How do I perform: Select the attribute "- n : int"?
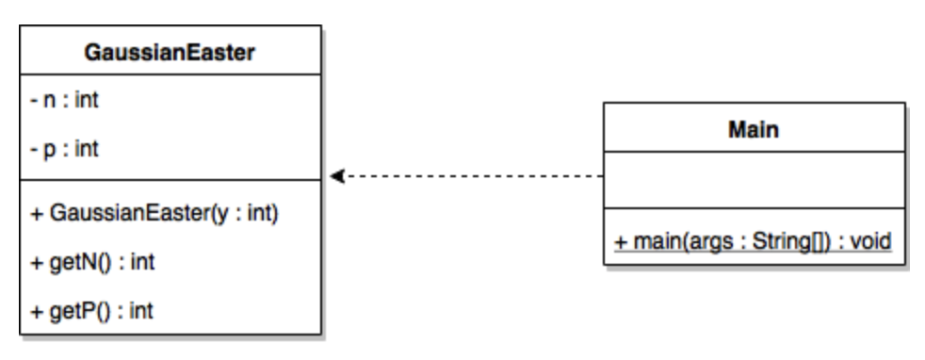(x=60, y=100)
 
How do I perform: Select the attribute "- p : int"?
(x=60, y=149)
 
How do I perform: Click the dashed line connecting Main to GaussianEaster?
(x=471, y=176)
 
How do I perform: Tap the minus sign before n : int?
(x=31, y=100)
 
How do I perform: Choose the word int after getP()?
(x=142, y=310)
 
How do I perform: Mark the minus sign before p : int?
(x=31, y=149)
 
